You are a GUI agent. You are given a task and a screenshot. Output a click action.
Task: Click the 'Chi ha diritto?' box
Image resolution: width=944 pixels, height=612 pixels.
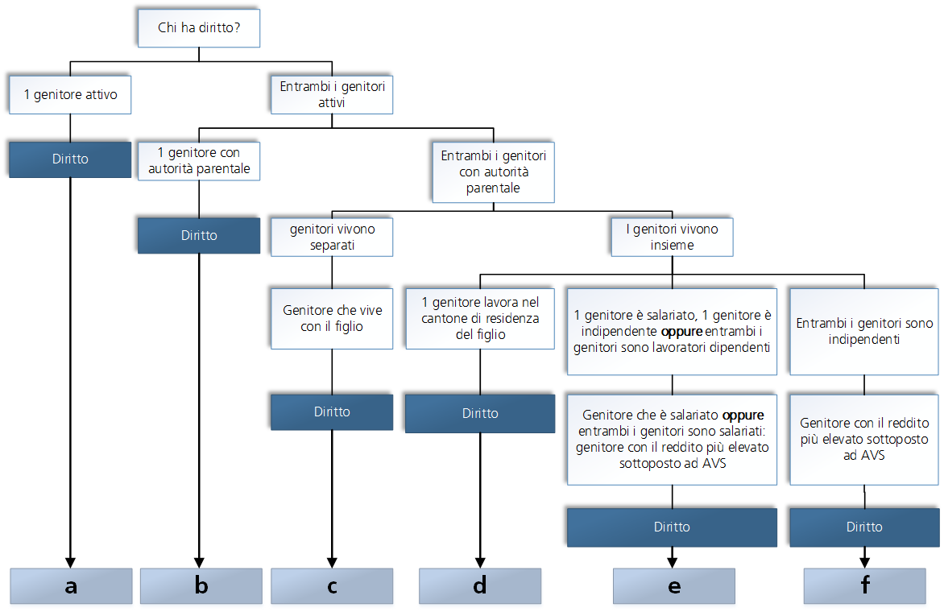(x=199, y=32)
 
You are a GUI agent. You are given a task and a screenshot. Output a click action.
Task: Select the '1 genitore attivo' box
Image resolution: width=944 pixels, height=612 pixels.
(x=70, y=94)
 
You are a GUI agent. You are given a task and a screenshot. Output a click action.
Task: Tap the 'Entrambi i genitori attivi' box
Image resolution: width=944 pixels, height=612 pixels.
(x=332, y=94)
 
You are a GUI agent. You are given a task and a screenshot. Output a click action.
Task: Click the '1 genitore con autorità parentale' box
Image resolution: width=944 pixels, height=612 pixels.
(x=199, y=160)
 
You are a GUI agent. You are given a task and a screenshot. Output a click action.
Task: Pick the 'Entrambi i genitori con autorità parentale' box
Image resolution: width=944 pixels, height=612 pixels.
(x=493, y=172)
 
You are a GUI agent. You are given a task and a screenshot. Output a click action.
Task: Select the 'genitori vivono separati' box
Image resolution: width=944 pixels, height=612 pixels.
(x=332, y=237)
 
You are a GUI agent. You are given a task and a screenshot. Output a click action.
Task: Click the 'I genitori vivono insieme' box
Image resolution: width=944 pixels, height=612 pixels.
(x=672, y=237)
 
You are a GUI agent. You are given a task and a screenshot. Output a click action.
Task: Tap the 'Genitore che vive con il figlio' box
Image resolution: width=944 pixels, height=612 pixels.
(x=332, y=318)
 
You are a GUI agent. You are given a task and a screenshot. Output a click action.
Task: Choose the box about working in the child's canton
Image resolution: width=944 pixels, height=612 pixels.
(x=480, y=318)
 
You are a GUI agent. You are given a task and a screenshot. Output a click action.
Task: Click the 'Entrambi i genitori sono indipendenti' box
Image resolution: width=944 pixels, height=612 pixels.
(x=864, y=331)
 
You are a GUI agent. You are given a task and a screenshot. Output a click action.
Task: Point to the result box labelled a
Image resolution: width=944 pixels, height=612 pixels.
(x=71, y=586)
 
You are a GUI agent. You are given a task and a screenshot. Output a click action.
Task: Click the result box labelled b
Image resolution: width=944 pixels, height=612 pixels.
(x=201, y=586)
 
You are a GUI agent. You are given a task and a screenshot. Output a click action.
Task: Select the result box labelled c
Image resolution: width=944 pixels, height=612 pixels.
(x=332, y=586)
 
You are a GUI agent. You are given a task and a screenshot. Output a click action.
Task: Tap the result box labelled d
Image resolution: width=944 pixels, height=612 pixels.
(x=480, y=586)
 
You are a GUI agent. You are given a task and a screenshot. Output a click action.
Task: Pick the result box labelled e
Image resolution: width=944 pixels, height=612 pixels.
(x=673, y=586)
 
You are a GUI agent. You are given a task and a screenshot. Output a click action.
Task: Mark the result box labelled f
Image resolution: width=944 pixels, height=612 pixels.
(x=864, y=586)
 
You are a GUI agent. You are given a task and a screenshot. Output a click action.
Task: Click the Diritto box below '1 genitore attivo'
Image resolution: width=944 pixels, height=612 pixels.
(x=70, y=159)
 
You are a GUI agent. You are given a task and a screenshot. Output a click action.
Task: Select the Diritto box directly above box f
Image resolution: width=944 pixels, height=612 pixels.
(x=864, y=527)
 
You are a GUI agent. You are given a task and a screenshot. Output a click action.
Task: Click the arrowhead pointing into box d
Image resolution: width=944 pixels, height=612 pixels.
(x=480, y=563)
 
